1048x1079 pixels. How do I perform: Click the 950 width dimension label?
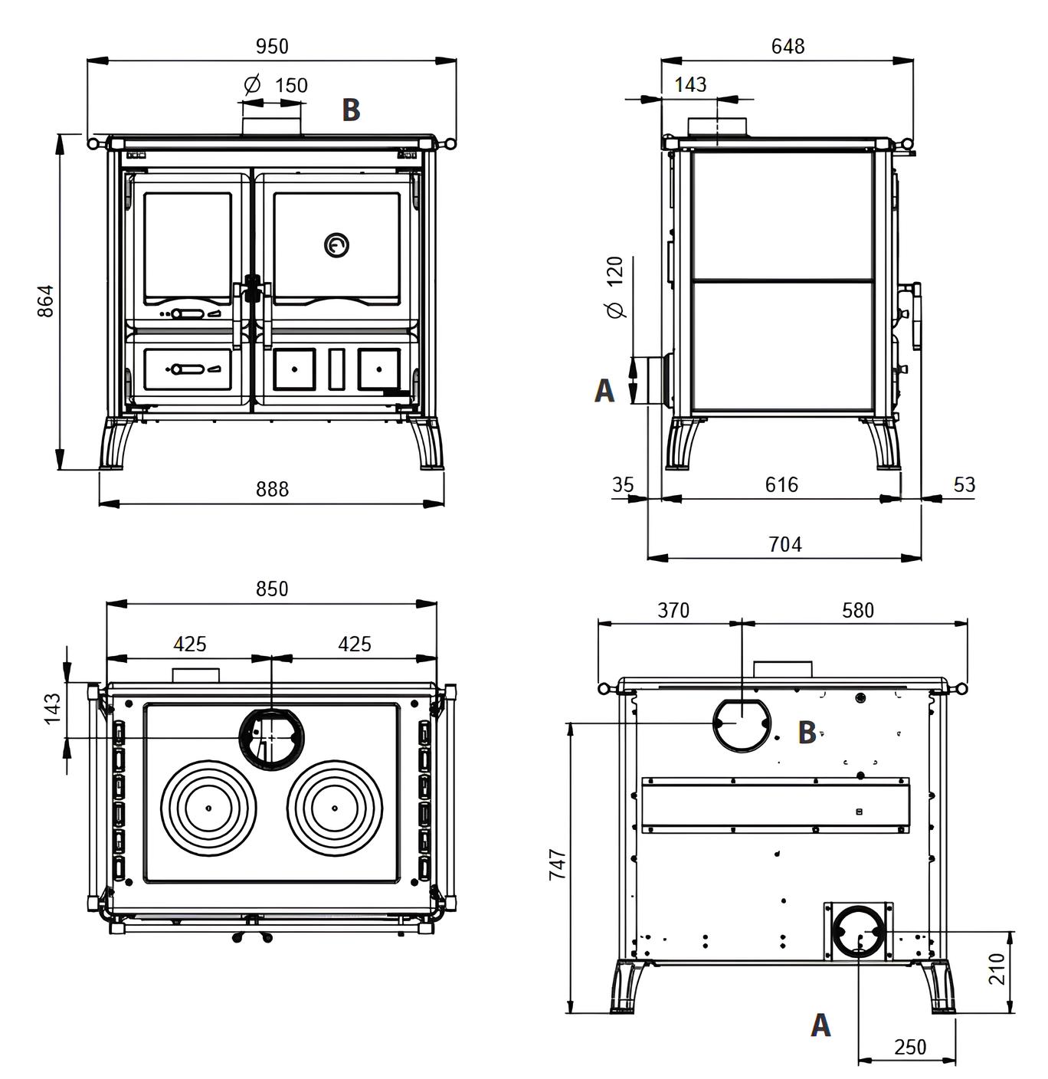(x=272, y=47)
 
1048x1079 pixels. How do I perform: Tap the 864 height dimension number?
(x=46, y=301)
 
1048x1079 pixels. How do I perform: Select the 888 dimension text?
(x=272, y=489)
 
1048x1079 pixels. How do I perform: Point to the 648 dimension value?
(x=788, y=47)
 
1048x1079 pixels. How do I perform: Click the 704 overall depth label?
(x=784, y=544)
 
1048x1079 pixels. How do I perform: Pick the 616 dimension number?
(x=781, y=484)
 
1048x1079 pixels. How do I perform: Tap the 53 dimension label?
(x=964, y=484)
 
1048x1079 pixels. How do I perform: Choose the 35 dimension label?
(x=624, y=484)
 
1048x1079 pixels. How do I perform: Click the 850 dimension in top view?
(x=272, y=589)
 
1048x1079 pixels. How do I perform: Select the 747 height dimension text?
(x=558, y=864)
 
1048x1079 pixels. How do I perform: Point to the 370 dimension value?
(x=673, y=610)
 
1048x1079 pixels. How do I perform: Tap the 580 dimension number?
(x=857, y=610)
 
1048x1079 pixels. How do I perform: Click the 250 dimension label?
(x=910, y=1047)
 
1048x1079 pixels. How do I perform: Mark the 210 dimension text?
(x=996, y=969)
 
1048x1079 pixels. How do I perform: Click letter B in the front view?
(x=351, y=110)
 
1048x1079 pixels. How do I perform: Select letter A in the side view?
(x=604, y=391)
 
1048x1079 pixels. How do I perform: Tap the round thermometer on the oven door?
(x=337, y=245)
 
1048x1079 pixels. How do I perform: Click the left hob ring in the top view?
(x=208, y=808)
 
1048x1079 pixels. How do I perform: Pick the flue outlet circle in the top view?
(x=272, y=738)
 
